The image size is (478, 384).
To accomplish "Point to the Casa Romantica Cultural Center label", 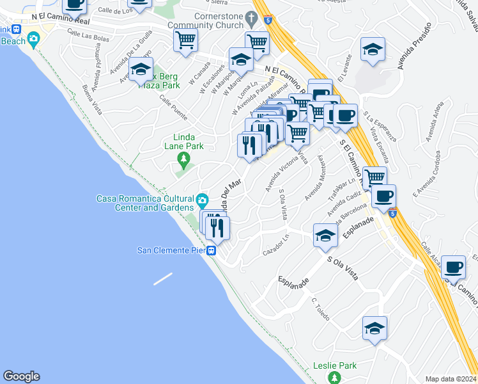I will coord(145,202).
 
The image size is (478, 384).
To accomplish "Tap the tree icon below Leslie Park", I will coord(334,379).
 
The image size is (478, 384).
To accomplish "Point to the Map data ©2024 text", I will coord(451,379).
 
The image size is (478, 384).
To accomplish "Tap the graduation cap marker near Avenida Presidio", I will coord(373,49).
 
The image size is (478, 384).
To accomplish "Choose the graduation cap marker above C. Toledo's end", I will coord(375,329).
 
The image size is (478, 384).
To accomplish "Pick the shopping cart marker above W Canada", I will coord(185,41).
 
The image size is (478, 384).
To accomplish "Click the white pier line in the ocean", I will coord(162,279).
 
